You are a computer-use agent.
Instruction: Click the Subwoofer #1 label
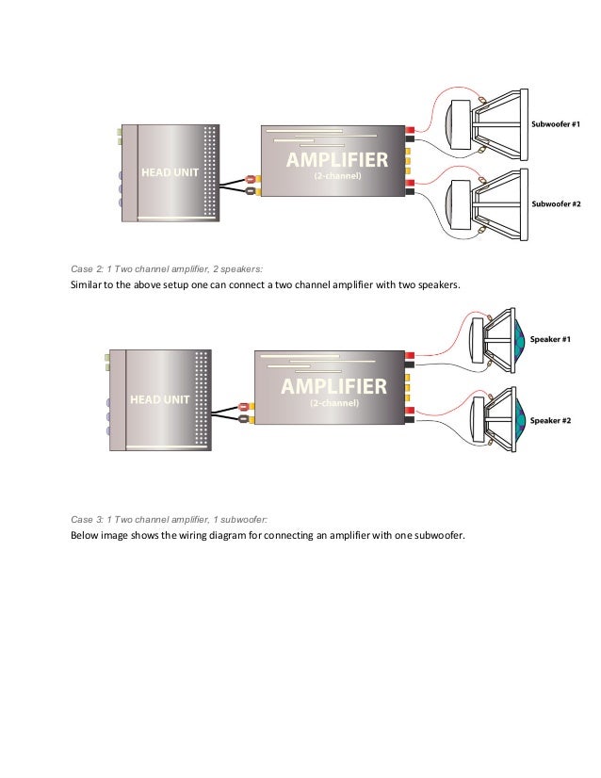click(556, 124)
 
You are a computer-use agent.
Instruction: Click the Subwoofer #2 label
click(556, 203)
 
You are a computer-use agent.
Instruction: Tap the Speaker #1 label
click(551, 338)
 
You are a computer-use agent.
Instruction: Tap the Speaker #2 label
click(551, 420)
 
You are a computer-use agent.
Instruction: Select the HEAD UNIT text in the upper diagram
click(170, 173)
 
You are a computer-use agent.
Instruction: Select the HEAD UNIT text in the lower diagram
click(159, 399)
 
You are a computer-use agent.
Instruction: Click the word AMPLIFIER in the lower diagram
click(333, 386)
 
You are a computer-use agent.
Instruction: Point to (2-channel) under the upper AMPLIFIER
click(336, 175)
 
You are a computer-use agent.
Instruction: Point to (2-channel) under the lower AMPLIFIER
click(333, 402)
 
